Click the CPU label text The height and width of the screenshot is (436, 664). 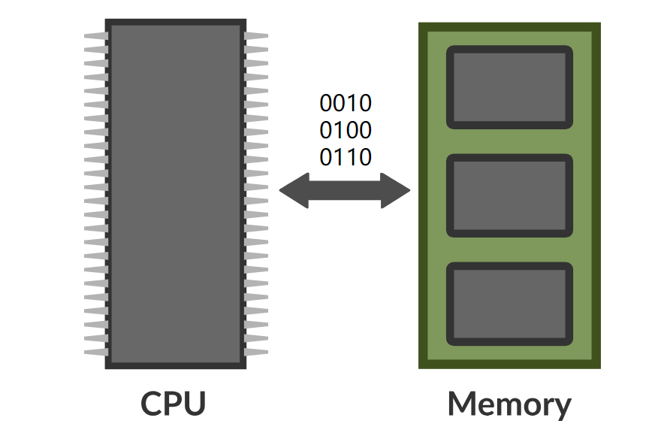point(174,404)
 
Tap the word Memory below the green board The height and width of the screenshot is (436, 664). point(509,404)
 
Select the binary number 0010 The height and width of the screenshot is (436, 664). point(346,103)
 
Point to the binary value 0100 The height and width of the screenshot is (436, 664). point(346,131)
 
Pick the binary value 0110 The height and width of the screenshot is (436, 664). point(346,158)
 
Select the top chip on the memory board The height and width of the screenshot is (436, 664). point(509,87)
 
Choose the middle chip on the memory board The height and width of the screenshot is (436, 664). point(509,195)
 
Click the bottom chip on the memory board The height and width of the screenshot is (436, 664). point(509,302)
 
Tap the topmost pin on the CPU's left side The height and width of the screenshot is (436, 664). point(96,35)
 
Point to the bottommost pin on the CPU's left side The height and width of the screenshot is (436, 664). point(96,352)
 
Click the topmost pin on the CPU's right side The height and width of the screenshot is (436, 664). point(256,35)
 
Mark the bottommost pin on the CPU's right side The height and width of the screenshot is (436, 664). point(256,352)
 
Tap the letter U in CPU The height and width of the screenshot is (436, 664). point(194,404)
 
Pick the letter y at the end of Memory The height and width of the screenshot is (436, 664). point(560,407)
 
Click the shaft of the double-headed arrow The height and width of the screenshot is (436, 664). point(346,191)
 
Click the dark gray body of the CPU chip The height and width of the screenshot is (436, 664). point(176,194)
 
